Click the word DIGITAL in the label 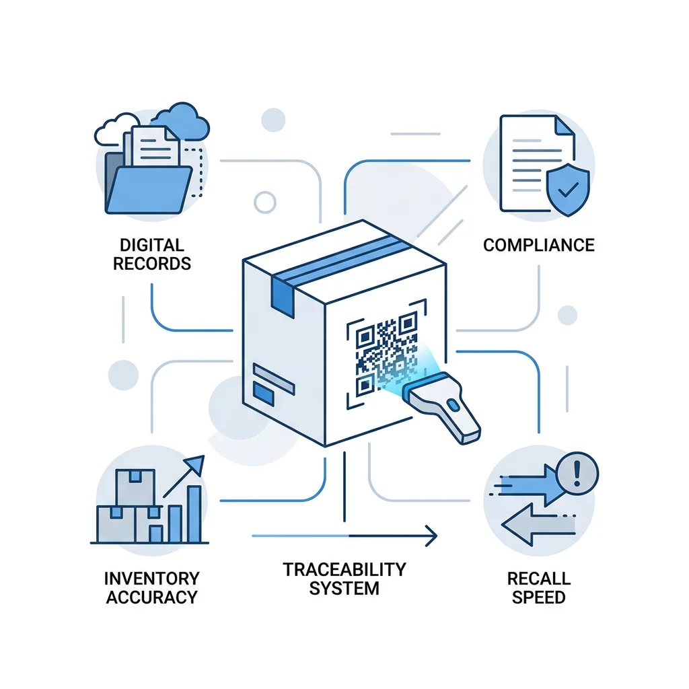(151, 245)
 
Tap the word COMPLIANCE (539, 245)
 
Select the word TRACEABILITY (344, 569)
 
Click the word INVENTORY (152, 578)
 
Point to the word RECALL (539, 578)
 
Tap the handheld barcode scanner (441, 405)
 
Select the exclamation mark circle (577, 474)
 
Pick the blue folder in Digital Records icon (149, 188)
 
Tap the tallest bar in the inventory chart (194, 513)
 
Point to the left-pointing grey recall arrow (538, 525)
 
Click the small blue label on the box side (263, 393)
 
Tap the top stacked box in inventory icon (135, 487)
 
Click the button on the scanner (453, 404)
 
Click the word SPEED (539, 597)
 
